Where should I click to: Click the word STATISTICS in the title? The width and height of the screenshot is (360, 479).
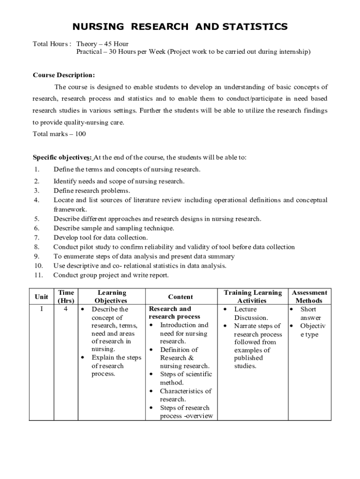point(252,27)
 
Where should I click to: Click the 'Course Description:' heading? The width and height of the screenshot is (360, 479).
point(64,75)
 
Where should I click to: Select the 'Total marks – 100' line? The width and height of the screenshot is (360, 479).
point(59,134)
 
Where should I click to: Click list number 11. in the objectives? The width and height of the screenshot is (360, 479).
point(39,275)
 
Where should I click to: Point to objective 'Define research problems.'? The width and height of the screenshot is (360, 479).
point(92,191)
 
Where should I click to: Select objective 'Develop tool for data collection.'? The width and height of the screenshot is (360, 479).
point(101,238)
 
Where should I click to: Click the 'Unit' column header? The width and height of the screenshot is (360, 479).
point(41,297)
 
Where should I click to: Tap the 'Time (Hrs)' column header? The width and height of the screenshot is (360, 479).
point(65,297)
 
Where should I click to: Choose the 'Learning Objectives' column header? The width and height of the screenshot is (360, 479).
point(111,297)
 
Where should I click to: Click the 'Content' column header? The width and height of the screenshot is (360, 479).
point(180,297)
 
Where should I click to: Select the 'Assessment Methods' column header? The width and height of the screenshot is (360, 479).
point(309,297)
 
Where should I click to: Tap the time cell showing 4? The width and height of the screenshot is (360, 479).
point(65,309)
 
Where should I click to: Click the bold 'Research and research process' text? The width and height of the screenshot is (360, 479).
point(174,313)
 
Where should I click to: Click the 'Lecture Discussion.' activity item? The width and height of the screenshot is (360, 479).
point(251,313)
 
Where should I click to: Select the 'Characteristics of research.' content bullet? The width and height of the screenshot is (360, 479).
point(185,395)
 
